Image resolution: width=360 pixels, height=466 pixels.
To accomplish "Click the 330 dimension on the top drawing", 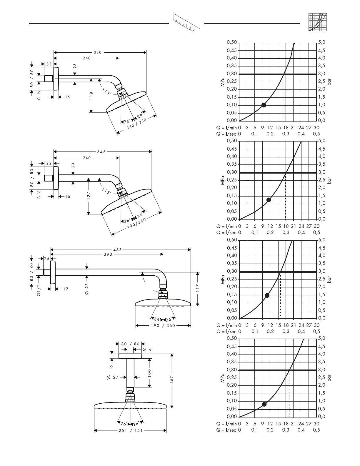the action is (98, 53).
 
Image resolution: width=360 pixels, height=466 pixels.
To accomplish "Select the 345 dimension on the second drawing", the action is (101, 152).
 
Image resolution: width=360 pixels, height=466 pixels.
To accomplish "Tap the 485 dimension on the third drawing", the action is (117, 250).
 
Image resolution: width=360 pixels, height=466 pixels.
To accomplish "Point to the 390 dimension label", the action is (108, 254).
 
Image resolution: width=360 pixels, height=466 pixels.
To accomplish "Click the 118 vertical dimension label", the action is (91, 96).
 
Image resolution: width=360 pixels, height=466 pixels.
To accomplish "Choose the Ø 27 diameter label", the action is (113, 377).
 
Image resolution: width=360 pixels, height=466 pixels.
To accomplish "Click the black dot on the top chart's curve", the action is (264, 105).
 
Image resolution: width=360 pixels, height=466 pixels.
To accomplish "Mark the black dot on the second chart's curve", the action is (269, 200).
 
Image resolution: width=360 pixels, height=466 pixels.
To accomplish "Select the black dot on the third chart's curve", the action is (267, 295).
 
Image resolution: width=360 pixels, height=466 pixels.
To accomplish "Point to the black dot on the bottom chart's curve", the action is (264, 404).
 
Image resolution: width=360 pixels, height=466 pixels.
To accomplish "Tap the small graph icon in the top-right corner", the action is (318, 22).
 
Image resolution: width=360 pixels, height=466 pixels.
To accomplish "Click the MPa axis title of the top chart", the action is (223, 82).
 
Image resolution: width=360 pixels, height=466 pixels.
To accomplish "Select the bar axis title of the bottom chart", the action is (329, 377).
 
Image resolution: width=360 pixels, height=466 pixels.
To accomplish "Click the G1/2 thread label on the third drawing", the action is (39, 290).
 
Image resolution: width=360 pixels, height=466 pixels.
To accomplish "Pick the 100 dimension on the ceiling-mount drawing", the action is (149, 373).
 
